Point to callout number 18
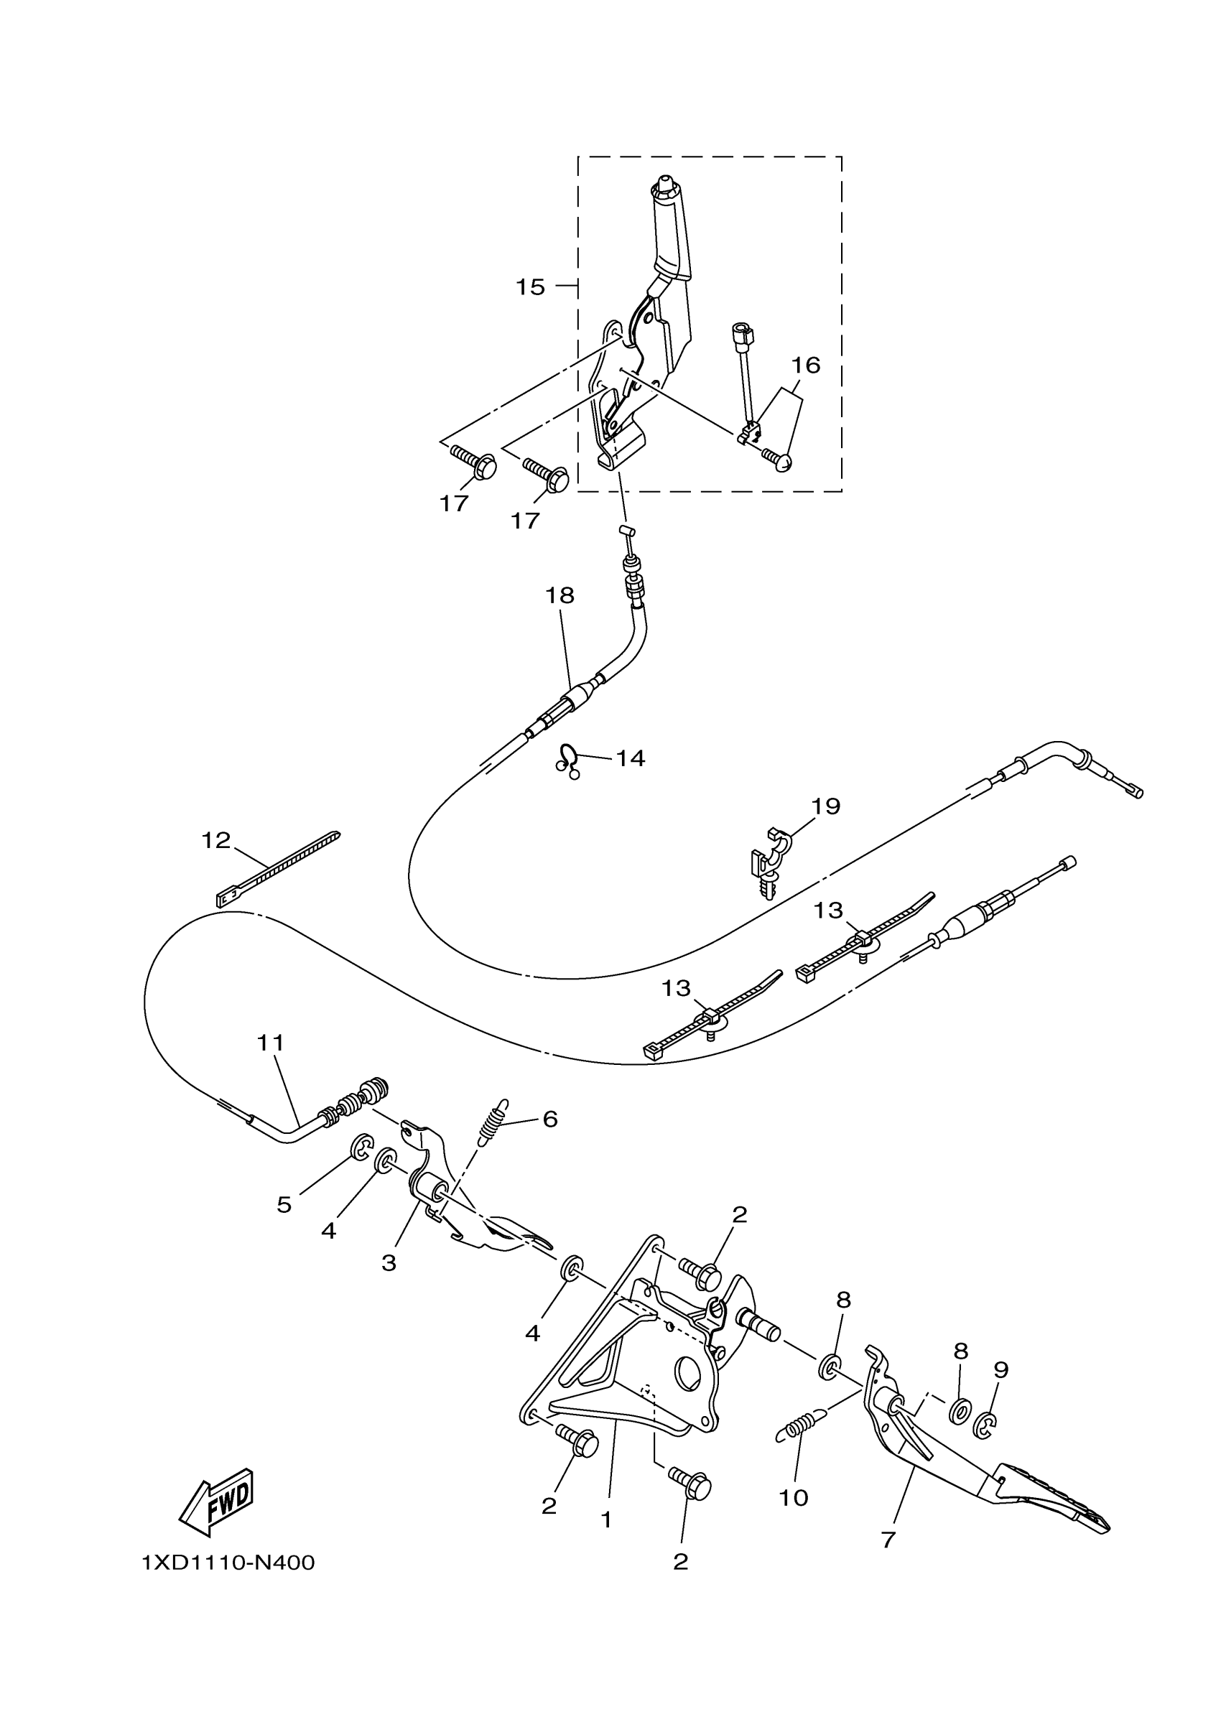pyautogui.click(x=559, y=596)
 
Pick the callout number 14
pyautogui.click(x=631, y=758)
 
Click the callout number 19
pyautogui.click(x=825, y=806)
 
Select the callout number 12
pyautogui.click(x=215, y=840)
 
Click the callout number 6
pyautogui.click(x=550, y=1140)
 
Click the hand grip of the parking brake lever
pyautogui.click(x=672, y=237)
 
